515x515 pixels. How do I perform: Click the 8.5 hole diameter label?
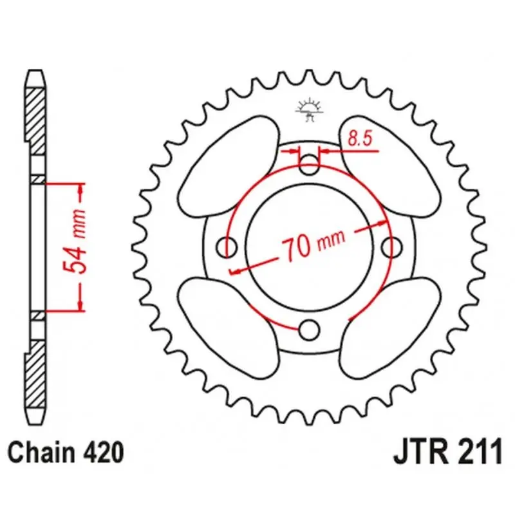pos(360,138)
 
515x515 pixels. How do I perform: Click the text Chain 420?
pos(66,453)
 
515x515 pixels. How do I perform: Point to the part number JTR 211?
pos(448,453)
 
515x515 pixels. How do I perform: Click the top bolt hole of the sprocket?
pos(310,165)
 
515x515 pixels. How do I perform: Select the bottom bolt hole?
pos(309,330)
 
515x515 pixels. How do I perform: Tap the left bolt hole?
pos(227,247)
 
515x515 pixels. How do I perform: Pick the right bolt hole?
pos(392,247)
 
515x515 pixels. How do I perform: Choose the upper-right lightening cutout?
pos(390,167)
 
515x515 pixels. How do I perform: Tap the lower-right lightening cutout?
pos(390,328)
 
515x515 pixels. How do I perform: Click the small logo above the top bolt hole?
pos(310,109)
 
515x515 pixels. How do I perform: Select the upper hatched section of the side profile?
pos(35,122)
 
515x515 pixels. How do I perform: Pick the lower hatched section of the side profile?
pos(35,375)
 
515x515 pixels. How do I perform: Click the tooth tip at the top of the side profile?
pos(35,70)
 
